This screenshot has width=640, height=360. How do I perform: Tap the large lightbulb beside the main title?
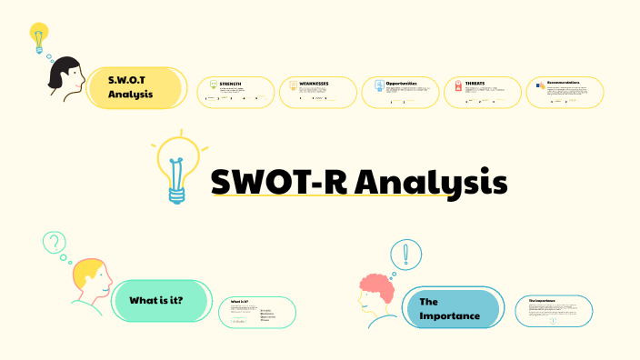[179, 167]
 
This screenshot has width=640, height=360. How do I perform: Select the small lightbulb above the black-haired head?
[38, 37]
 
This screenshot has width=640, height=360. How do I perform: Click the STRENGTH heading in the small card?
[230, 84]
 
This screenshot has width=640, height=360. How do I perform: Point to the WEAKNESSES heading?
[314, 83]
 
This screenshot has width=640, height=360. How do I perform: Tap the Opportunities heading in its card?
[401, 83]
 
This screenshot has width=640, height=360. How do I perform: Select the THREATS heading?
[475, 83]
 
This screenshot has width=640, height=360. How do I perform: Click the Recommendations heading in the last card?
[557, 82]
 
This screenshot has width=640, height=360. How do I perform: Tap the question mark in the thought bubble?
[55, 242]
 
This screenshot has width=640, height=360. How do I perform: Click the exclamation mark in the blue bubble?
[405, 254]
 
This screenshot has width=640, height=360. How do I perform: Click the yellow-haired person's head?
[92, 278]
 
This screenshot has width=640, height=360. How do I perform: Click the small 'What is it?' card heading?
[240, 301]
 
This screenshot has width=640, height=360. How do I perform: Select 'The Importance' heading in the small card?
[542, 300]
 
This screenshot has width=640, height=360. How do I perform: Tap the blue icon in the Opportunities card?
[378, 86]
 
